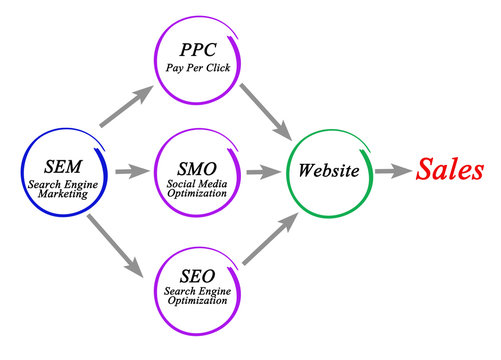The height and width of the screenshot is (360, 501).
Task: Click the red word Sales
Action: [451, 169]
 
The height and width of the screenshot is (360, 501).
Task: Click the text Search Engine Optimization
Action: [196, 296]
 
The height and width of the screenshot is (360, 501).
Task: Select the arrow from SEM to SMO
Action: [129, 171]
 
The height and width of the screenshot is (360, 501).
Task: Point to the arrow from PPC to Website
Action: [265, 109]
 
